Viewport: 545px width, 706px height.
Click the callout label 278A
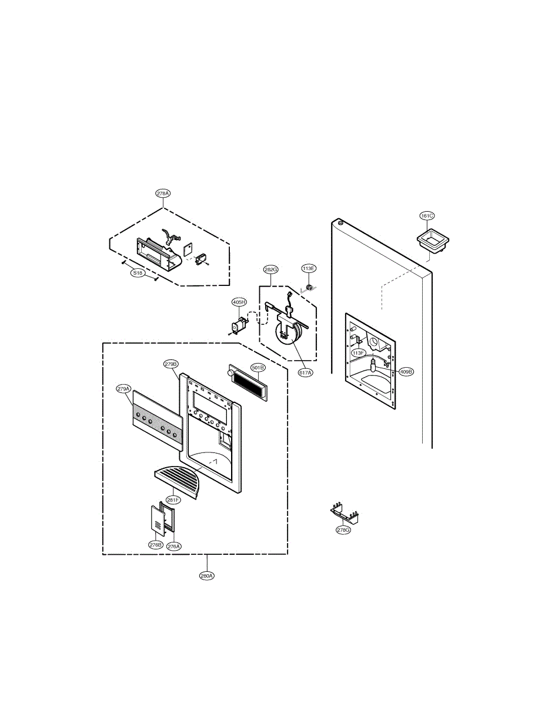pyautogui.click(x=163, y=193)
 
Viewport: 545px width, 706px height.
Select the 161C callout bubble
pyautogui.click(x=427, y=216)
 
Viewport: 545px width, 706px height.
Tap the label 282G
pyautogui.click(x=271, y=269)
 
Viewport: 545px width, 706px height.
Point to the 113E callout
pyautogui.click(x=309, y=268)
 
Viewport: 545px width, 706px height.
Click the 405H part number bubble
pyautogui.click(x=239, y=302)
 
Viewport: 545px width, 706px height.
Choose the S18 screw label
pyautogui.click(x=137, y=273)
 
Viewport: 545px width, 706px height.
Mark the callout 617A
pyautogui.click(x=306, y=372)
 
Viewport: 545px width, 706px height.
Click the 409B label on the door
pyautogui.click(x=406, y=372)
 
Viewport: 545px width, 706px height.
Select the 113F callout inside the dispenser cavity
pyautogui.click(x=359, y=353)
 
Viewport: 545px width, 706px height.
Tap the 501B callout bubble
pyautogui.click(x=258, y=368)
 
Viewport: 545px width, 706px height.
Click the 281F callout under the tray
pyautogui.click(x=173, y=500)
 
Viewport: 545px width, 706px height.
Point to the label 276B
pyautogui.click(x=155, y=545)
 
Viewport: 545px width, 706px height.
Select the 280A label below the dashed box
pyautogui.click(x=206, y=576)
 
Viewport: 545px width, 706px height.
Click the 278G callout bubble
pyautogui.click(x=343, y=530)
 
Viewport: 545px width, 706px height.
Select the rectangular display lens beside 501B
pyautogui.click(x=247, y=382)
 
